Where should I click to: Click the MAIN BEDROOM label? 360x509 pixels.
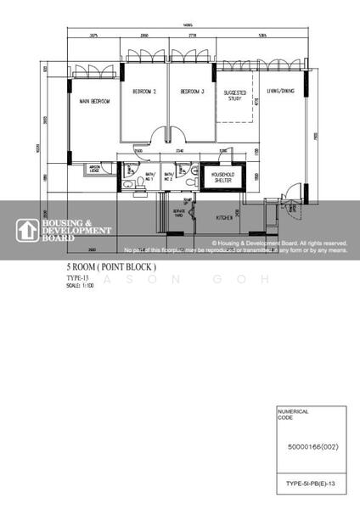point(96,102)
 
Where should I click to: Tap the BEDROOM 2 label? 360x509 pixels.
point(143,91)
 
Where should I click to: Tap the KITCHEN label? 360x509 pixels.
point(225,218)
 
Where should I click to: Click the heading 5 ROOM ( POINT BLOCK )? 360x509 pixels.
point(111,266)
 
